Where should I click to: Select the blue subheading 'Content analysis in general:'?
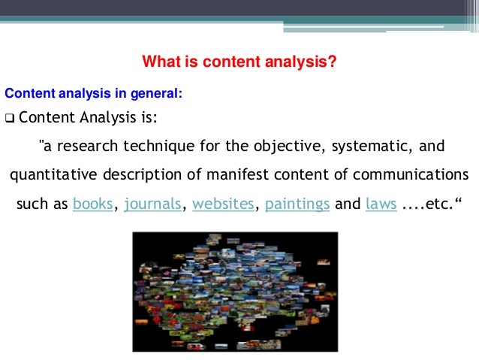coord(93,94)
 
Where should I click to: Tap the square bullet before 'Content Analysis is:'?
coord(9,119)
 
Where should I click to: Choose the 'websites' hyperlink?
coord(223,204)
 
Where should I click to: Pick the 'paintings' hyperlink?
coord(297,204)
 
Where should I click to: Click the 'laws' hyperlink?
coord(381,204)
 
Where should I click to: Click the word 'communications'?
coord(415,174)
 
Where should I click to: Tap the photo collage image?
coord(235,292)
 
